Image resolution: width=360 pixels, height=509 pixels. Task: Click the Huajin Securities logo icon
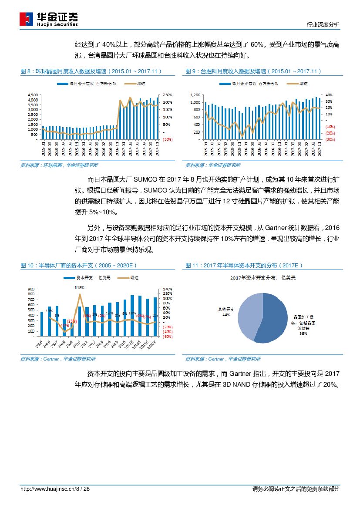coord(26,19)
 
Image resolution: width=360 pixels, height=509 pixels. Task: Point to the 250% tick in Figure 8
coord(168,95)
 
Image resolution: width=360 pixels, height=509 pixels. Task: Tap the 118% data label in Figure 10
coord(79,288)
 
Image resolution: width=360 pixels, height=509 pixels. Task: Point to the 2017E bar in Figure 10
coord(132,316)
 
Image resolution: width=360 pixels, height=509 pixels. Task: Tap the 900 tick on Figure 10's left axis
coord(31,289)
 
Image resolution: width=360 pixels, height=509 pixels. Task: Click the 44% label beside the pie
coord(226,314)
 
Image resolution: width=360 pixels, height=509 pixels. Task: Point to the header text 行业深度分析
coord(323,25)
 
